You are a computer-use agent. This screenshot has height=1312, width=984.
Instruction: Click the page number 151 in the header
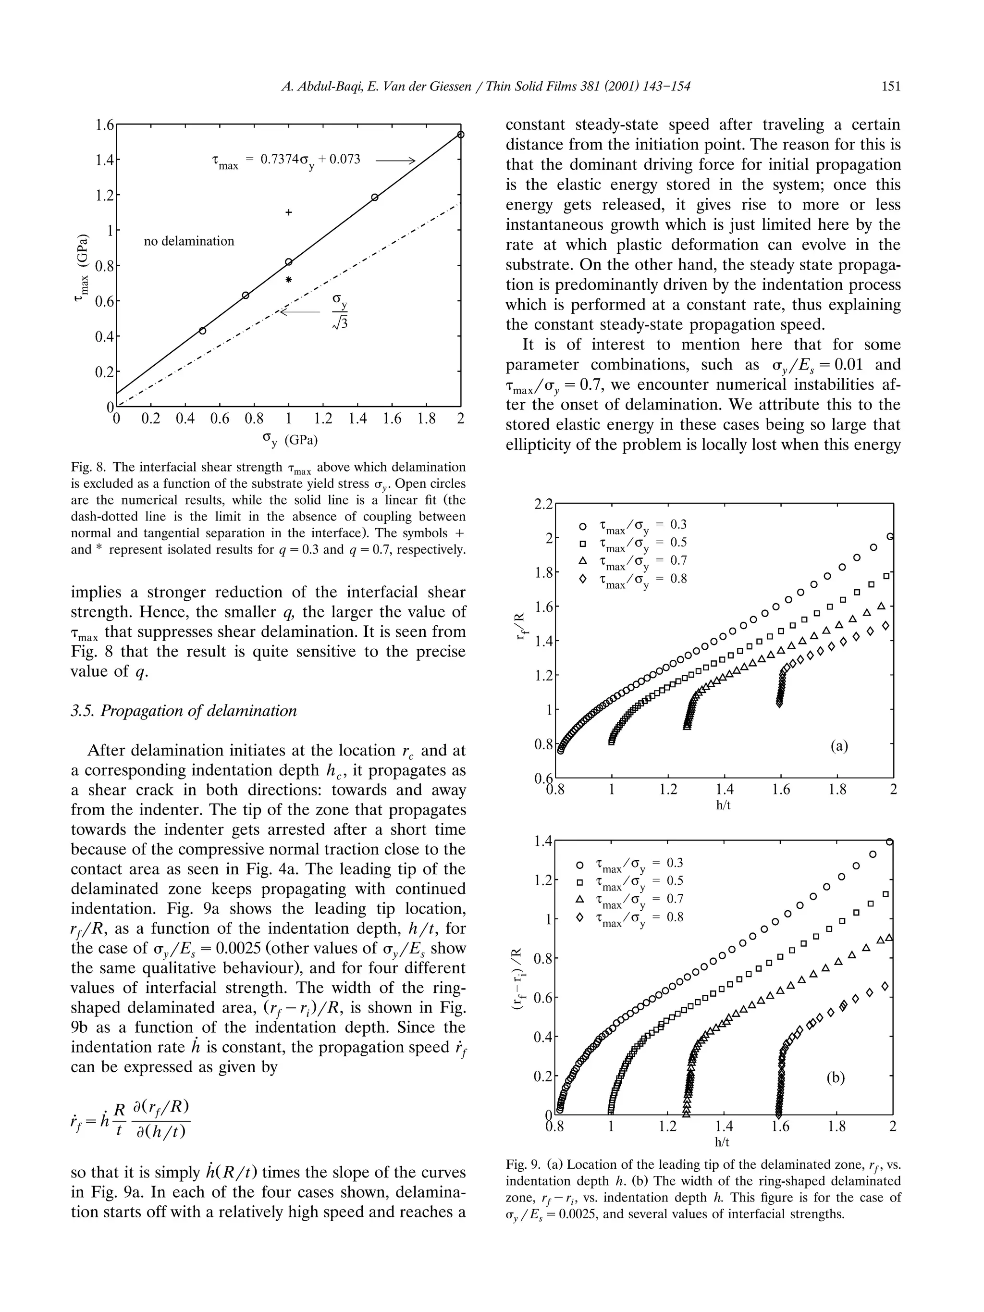890,87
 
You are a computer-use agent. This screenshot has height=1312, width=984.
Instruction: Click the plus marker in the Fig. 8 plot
289,212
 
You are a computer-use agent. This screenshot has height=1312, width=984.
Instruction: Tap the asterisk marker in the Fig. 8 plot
289,279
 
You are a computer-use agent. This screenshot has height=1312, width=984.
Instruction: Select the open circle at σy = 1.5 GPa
375,198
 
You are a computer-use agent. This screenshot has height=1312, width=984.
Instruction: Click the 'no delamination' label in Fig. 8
189,241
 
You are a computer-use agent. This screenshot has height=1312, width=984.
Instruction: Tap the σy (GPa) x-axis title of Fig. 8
289,440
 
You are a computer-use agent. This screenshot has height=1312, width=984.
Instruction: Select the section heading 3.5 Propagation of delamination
184,711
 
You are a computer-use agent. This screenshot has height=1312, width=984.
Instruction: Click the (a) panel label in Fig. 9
839,745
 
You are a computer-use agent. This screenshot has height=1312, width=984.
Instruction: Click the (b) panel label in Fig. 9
835,1077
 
